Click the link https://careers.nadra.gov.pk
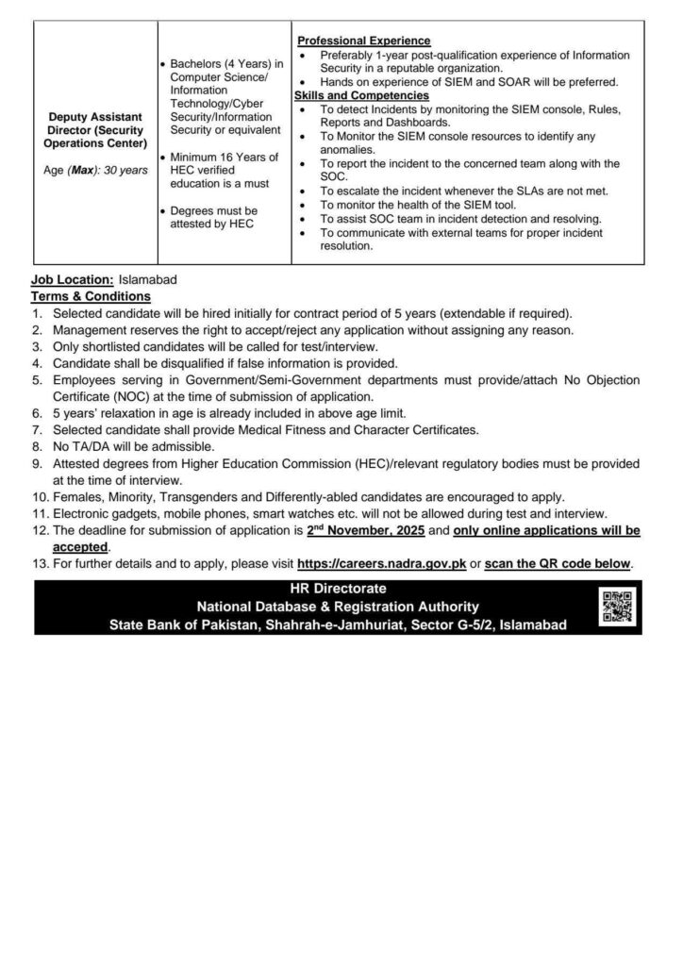point(378,564)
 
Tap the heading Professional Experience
point(364,42)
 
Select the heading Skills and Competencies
point(363,96)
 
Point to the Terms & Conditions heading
point(91,296)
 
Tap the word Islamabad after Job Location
point(148,280)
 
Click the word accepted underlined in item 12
point(80,548)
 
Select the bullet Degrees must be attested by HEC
point(216,217)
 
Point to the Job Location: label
point(73,280)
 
